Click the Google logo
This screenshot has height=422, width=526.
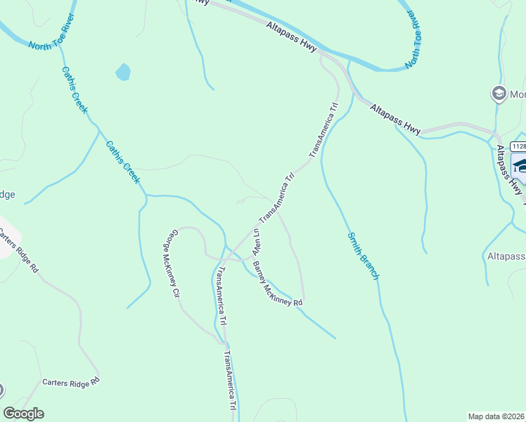[x=23, y=414]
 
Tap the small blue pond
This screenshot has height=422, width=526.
[x=123, y=72]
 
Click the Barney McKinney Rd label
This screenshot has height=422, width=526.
[x=277, y=285]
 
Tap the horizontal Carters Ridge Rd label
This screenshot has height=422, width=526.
[x=71, y=382]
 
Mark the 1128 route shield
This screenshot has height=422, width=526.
[x=518, y=146]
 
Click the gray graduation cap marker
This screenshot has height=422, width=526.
[x=499, y=94]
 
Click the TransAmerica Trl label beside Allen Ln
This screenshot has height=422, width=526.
[x=277, y=197]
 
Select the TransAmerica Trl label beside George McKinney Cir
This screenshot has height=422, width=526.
[x=222, y=296]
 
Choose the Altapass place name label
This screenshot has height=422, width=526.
[x=506, y=257]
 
